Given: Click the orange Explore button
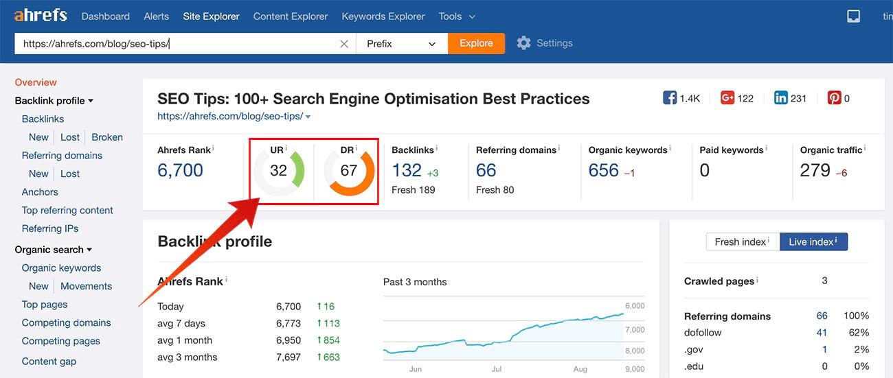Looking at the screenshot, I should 476,43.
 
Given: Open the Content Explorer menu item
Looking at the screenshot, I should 291,16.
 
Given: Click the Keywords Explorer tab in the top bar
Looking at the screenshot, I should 383,16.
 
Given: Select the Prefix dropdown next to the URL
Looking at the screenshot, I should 401,43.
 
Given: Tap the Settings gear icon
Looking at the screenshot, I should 524,43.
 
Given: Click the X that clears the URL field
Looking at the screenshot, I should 344,44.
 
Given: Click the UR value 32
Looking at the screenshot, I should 278,170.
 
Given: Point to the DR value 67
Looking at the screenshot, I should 349,170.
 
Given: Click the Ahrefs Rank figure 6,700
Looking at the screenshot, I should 180,170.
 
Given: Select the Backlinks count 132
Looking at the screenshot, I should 407,170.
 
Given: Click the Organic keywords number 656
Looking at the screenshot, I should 604,170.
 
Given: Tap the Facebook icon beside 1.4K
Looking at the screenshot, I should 670,98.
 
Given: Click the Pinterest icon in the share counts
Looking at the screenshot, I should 834,98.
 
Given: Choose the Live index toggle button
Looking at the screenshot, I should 813,241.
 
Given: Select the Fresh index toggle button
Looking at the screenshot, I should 742,241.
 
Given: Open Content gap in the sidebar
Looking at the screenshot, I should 49,362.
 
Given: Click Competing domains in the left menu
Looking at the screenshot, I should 66,322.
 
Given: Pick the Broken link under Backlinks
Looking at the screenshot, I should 107,137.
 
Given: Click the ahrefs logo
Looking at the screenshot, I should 41,15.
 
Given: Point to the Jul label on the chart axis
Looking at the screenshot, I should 497,369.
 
